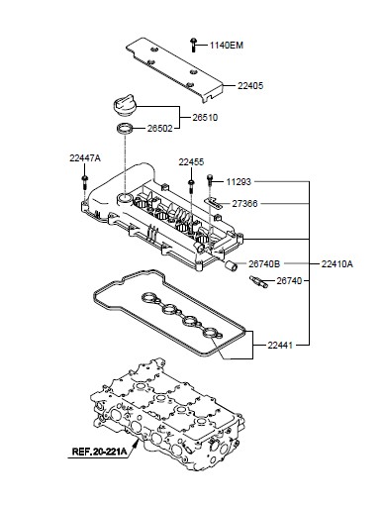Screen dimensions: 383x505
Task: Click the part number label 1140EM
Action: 227,46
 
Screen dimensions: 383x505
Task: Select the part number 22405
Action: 250,86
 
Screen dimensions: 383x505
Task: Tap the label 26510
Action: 205,118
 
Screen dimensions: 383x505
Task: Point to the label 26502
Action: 159,129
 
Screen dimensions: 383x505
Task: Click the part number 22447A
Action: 85,158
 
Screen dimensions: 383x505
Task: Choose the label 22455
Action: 191,162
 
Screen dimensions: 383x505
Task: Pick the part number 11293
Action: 239,182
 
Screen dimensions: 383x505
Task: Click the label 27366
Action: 244,204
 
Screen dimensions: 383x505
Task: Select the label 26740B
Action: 264,264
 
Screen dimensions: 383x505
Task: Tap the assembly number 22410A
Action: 336,264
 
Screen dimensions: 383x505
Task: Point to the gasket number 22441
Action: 280,346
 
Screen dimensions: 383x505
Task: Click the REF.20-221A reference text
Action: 99,452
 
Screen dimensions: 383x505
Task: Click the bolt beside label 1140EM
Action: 193,45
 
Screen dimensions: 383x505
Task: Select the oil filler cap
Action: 124,105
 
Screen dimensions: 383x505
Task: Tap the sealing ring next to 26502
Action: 126,128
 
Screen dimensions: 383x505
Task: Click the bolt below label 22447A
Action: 85,182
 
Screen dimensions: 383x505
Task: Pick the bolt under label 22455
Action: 191,186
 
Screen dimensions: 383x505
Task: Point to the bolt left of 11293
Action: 210,181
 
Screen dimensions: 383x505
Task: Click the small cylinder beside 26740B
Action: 232,265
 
